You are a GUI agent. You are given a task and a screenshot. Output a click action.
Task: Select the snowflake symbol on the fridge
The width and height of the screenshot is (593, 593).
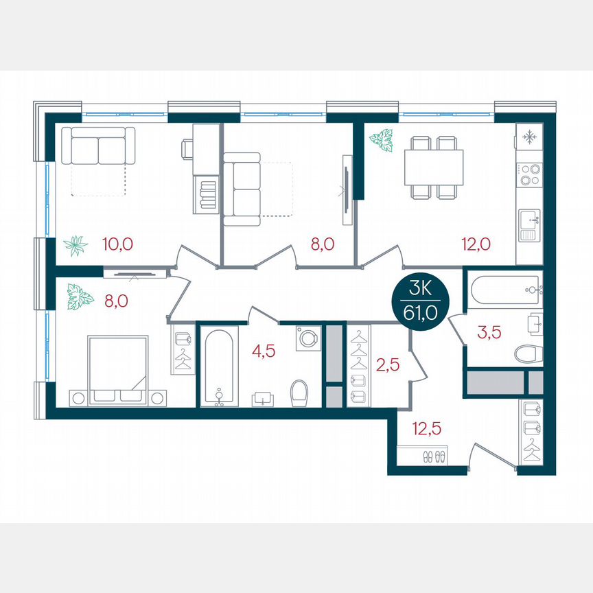pos(529,137)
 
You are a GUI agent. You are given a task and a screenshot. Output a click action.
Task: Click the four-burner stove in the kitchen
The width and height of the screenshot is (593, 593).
pos(529,175)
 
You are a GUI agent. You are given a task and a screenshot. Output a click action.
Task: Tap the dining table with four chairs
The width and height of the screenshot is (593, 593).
pos(432,167)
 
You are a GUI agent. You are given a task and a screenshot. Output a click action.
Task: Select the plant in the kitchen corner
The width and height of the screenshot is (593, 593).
pos(381,140)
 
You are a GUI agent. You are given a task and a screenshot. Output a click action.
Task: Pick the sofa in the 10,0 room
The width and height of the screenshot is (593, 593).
pos(98,146)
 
